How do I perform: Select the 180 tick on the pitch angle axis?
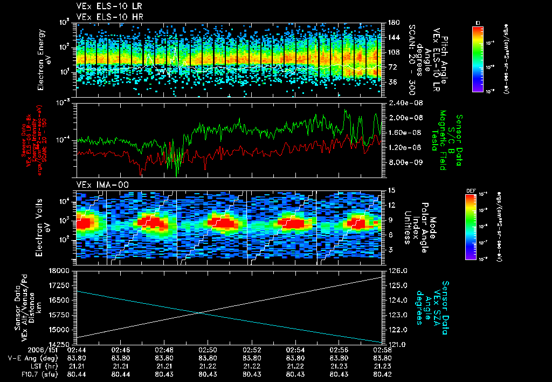pos(392,23)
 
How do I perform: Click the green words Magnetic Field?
pos(443,140)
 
